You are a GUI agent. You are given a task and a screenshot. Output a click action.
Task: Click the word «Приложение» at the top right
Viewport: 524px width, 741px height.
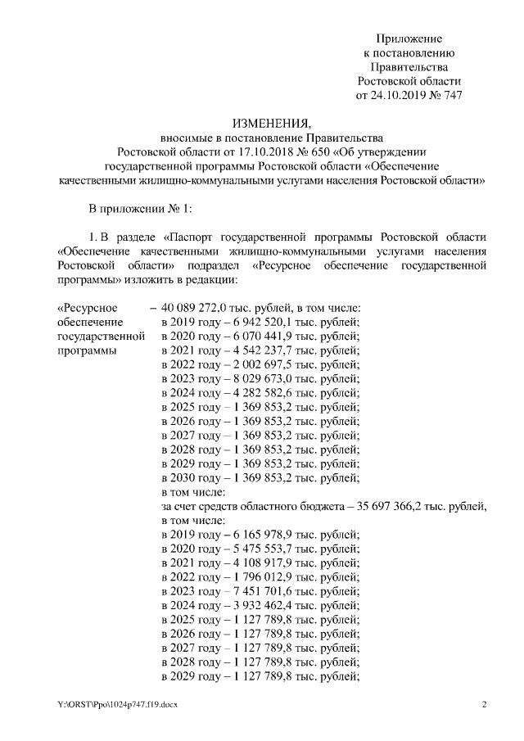(x=409, y=38)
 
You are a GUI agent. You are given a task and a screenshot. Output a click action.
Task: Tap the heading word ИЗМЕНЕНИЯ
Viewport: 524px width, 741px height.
(x=261, y=123)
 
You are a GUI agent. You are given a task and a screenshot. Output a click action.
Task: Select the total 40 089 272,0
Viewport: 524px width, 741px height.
(x=198, y=308)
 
